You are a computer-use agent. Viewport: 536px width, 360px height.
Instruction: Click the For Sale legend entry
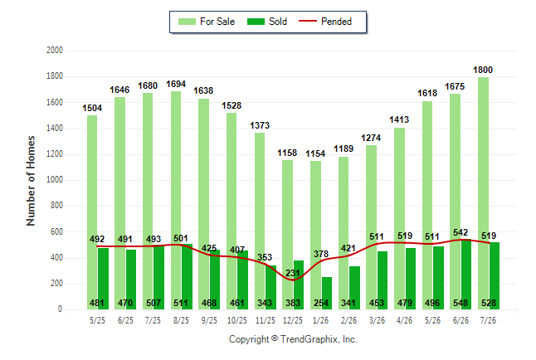coord(207,22)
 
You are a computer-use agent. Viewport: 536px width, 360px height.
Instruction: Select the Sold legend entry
coord(267,22)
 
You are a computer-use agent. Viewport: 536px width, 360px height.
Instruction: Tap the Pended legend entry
coord(325,22)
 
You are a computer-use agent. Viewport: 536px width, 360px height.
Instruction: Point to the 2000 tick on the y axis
coord(55,51)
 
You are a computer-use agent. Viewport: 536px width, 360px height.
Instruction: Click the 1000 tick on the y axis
coord(55,179)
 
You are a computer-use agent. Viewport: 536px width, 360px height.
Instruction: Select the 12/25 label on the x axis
coord(293,320)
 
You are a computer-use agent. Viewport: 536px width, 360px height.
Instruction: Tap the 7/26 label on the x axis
coord(488,320)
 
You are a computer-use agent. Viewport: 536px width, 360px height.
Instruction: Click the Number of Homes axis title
coord(31,181)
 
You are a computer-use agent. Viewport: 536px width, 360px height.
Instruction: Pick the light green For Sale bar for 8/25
coord(176,201)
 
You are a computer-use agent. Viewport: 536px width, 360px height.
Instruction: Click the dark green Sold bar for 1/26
coord(327,294)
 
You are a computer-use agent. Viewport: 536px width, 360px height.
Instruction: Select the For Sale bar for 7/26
coord(484,193)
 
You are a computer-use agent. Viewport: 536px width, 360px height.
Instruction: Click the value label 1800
coord(483,70)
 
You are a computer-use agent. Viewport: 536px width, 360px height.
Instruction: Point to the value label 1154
coord(315,153)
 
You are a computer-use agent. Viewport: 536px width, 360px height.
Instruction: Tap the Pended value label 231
coord(293,273)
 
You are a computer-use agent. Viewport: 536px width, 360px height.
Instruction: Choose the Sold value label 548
coord(460,303)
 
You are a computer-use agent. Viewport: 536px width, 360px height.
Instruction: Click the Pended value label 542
coord(460,232)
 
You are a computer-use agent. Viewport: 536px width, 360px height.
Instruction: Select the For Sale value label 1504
coord(92,109)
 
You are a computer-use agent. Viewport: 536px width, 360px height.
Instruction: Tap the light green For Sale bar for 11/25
coord(260,221)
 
